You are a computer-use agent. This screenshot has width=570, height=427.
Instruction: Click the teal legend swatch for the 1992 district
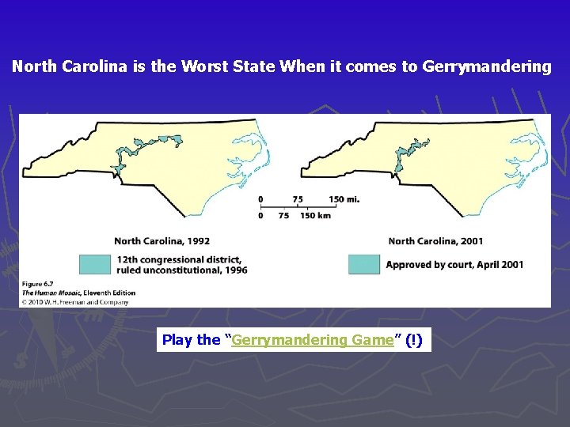point(94,264)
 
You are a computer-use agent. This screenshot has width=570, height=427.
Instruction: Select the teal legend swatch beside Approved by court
point(364,264)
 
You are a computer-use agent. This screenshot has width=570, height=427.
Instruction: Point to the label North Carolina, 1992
point(161,241)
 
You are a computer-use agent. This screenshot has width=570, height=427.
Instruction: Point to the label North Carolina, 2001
point(435,241)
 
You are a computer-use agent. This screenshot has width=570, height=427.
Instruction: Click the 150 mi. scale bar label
point(344,199)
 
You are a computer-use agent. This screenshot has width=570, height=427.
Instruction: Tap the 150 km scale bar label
point(315,215)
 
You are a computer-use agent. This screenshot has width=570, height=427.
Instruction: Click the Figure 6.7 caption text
point(40,284)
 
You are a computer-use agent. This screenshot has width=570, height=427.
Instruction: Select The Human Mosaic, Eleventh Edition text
point(78,293)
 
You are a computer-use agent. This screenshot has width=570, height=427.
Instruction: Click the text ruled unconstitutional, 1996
point(181,270)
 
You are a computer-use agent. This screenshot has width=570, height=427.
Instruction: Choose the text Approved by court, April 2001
point(454,264)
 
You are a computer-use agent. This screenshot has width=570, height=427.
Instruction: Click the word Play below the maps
point(177,340)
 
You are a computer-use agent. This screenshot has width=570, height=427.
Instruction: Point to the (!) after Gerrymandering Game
point(413,340)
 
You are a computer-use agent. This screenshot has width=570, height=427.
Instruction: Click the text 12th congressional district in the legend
point(179,259)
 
